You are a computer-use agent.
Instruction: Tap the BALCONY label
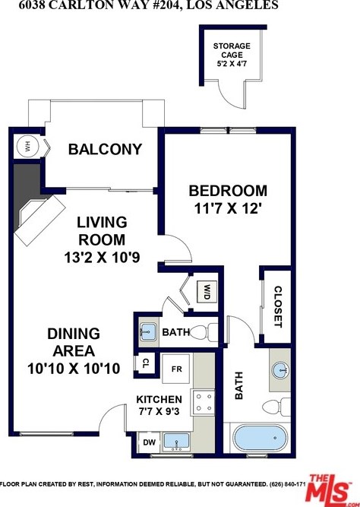[x=105, y=149]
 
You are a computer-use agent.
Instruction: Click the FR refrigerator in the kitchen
[x=176, y=369]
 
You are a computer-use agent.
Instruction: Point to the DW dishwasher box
[x=149, y=442]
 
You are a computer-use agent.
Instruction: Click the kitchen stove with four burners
[x=204, y=403]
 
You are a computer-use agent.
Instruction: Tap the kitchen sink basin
[x=176, y=442]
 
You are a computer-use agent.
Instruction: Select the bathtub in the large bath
[x=261, y=438]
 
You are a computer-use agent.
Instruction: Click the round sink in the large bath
[x=280, y=369]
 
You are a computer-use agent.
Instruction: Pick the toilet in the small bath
[x=204, y=331]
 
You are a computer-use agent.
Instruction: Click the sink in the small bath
[x=149, y=331]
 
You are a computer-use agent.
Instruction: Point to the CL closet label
[x=145, y=363]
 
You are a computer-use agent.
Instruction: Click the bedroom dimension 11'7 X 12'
[x=228, y=208]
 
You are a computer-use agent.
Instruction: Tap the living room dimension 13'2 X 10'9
[x=102, y=258]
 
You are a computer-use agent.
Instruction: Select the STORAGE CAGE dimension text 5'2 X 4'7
[x=232, y=63]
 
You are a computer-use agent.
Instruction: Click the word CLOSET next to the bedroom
[x=278, y=306]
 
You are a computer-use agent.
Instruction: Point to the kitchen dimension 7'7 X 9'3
[x=159, y=412]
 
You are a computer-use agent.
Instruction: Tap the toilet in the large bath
[x=276, y=407]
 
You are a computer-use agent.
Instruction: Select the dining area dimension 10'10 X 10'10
[x=74, y=369]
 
